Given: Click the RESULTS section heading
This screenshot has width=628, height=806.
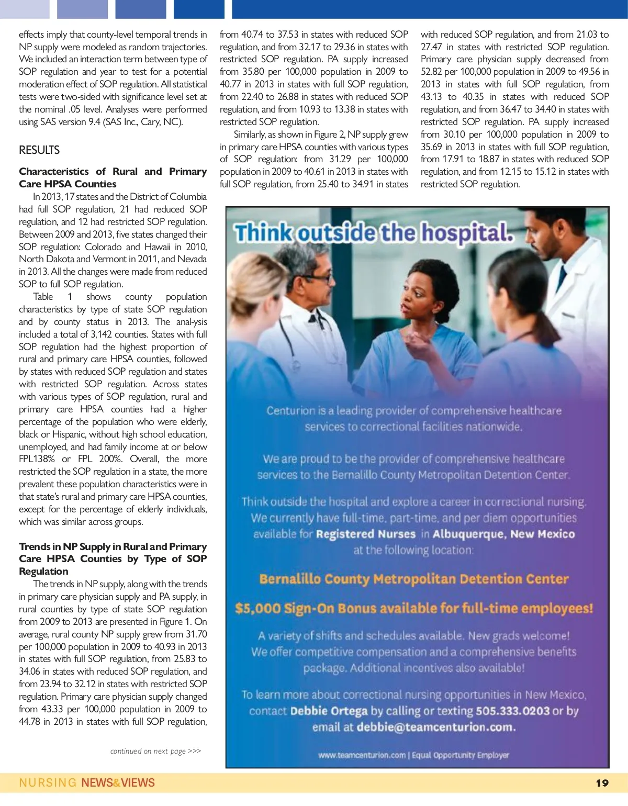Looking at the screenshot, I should tap(39, 150).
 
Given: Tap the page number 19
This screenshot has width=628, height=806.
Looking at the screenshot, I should tap(602, 783).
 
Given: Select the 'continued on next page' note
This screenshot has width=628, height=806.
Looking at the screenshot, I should tap(155, 751).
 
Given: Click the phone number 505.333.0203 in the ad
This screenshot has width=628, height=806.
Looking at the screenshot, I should tap(512, 711).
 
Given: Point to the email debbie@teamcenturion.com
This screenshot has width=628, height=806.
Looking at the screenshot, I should tap(435, 727).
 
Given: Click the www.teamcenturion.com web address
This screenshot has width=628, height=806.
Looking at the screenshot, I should tap(362, 755).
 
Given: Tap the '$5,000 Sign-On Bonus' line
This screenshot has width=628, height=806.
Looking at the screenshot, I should tap(414, 608).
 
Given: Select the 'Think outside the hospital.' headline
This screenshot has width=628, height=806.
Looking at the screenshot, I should tap(374, 233).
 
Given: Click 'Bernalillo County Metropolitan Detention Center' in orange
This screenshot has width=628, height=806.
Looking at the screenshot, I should tap(414, 579).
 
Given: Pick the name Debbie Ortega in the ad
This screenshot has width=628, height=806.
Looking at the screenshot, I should tap(329, 711).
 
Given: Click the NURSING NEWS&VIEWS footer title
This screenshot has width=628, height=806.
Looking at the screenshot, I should tap(87, 783).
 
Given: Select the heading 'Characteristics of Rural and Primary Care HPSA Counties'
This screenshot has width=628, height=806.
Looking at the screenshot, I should tap(113, 177).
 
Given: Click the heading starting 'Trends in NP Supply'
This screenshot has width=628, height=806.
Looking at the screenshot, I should tap(113, 558).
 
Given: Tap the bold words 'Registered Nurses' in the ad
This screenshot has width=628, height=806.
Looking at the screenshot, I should tap(365, 534).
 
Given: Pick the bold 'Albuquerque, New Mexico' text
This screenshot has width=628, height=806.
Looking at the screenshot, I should tap(503, 534).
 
